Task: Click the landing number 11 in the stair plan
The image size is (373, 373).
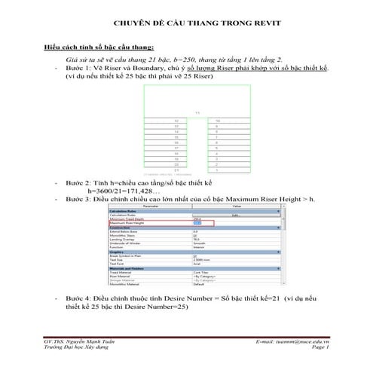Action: [197, 114]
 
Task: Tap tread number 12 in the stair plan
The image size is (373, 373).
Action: [176, 121]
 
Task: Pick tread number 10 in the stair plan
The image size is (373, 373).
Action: [218, 121]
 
